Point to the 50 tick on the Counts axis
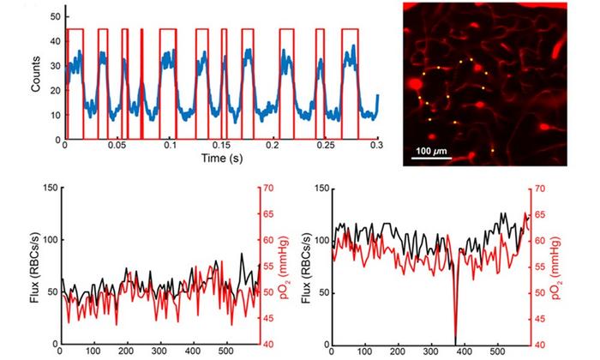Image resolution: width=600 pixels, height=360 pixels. click(55, 16)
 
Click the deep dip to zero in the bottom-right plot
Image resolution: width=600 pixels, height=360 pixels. click(455, 341)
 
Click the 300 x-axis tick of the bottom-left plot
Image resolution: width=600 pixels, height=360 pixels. click(160, 351)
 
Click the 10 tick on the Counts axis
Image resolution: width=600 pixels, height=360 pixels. click(55, 115)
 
